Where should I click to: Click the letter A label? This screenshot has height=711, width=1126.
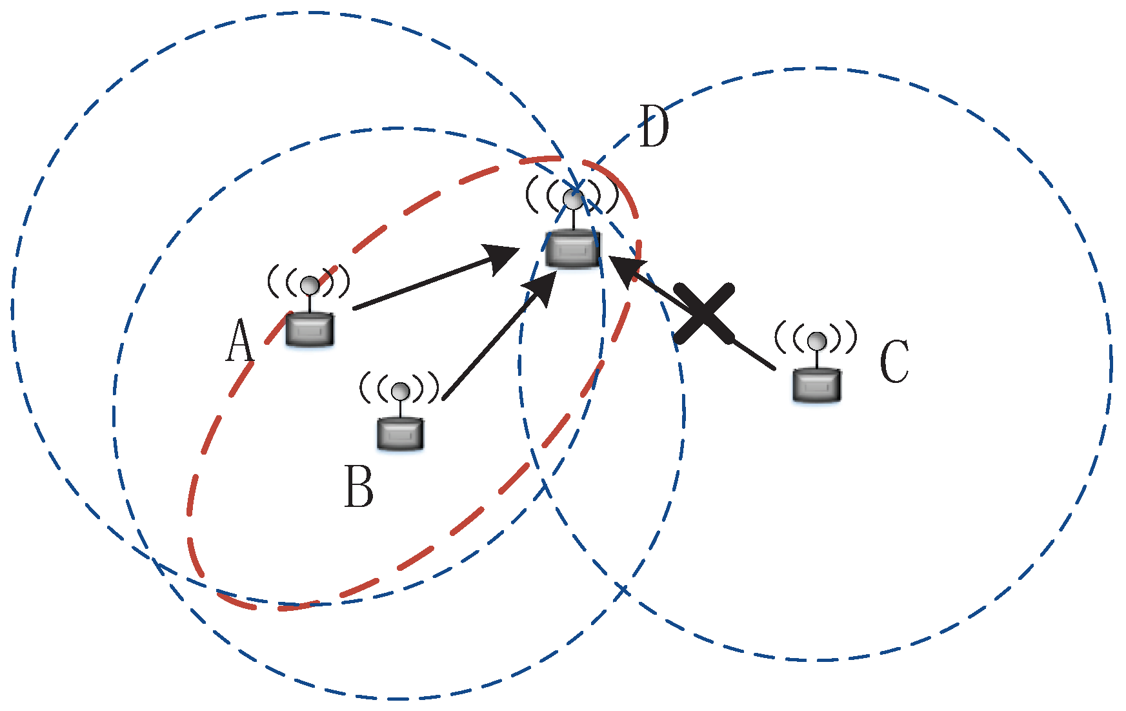click(239, 340)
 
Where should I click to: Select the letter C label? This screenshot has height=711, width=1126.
click(894, 362)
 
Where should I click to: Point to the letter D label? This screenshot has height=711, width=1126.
click(654, 127)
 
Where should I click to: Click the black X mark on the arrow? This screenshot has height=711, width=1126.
click(704, 313)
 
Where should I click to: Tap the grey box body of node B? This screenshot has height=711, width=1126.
click(401, 433)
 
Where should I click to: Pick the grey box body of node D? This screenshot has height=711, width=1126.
click(573, 249)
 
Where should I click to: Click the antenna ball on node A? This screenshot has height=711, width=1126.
click(310, 285)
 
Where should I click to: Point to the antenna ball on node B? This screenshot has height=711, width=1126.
click(401, 391)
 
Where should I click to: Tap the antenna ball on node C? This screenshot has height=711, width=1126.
click(818, 340)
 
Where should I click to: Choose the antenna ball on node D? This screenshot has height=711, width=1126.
click(573, 200)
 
